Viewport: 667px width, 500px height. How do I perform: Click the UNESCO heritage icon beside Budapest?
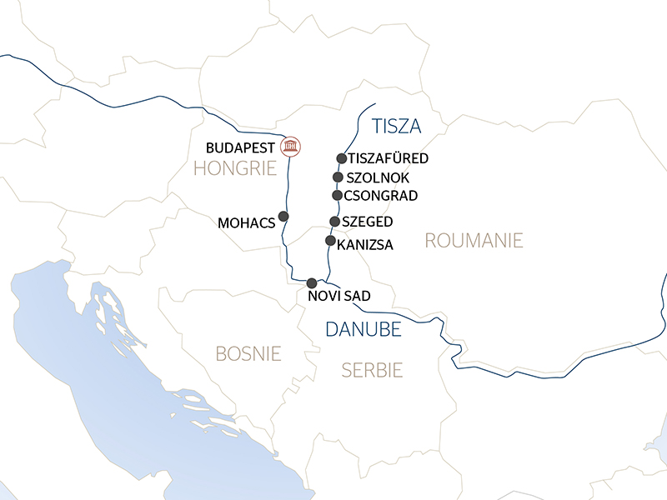[x=290, y=147]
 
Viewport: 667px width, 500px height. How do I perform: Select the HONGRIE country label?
[x=234, y=168]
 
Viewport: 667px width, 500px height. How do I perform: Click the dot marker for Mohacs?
[x=283, y=217]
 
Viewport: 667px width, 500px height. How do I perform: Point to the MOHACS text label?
[x=245, y=223]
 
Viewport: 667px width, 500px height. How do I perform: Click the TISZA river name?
[x=397, y=127]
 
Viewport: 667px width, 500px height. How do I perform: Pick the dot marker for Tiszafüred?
[x=341, y=158]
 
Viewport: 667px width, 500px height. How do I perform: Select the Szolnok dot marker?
[x=338, y=177]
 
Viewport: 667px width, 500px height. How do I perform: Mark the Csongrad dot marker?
[x=337, y=195]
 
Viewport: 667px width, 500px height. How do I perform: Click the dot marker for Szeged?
[x=334, y=222]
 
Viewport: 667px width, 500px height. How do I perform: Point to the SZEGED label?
[x=367, y=222]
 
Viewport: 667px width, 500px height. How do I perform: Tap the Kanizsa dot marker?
[x=330, y=241]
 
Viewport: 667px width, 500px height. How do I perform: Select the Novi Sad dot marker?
[x=312, y=282]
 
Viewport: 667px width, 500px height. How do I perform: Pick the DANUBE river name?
[x=363, y=329]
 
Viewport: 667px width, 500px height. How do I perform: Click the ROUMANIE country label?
[x=474, y=241]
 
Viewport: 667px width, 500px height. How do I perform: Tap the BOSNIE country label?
[x=248, y=353]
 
